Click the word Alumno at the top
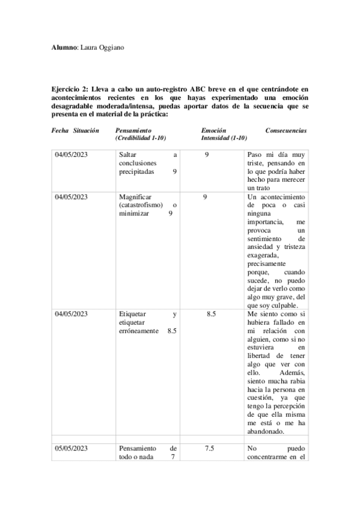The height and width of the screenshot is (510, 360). coord(64,47)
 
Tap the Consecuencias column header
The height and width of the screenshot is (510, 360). coord(285,130)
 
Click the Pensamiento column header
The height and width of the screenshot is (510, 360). coord(133,130)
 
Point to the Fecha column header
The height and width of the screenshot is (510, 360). coord(60,130)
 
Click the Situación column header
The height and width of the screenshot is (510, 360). coord(86,130)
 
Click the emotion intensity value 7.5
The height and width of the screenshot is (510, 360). coord(210,448)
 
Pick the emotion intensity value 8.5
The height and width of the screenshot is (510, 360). coord(211,313)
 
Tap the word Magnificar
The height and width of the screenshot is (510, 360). coord(135,197)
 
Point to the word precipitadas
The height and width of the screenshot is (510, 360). coord(136,171)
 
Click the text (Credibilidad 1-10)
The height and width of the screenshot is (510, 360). coord(139,138)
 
